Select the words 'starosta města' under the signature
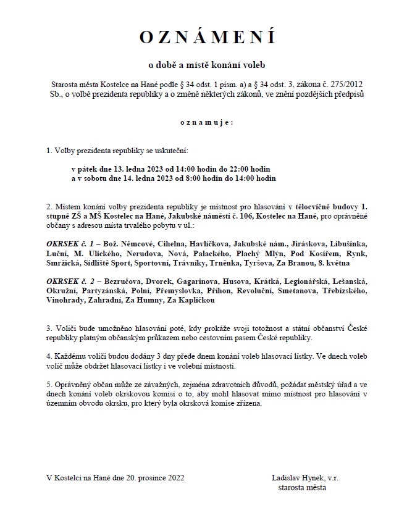(303, 487)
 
